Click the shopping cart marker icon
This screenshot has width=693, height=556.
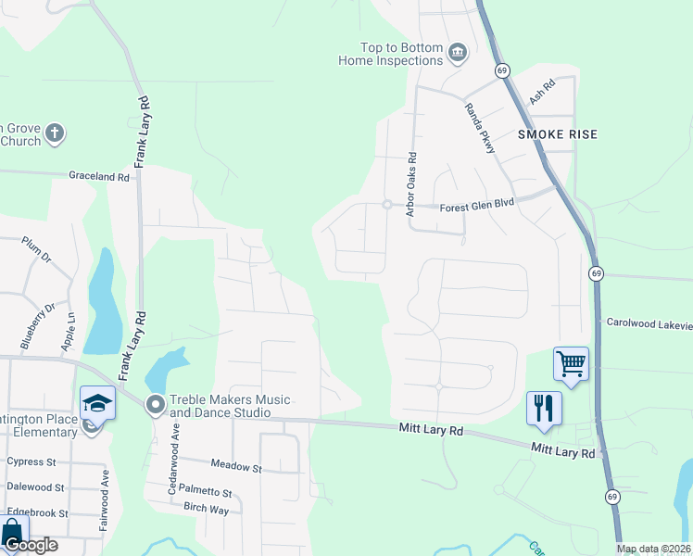[x=571, y=362]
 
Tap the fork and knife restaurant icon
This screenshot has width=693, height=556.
[x=543, y=408]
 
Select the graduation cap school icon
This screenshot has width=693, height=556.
[x=96, y=402]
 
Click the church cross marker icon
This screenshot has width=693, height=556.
[x=54, y=133]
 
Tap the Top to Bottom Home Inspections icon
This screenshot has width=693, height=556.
[x=456, y=53]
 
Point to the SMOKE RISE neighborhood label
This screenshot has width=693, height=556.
[x=557, y=134]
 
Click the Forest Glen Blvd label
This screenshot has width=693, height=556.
[x=476, y=208]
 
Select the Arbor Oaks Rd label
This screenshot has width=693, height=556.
[x=412, y=185]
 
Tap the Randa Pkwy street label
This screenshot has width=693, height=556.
[x=481, y=127]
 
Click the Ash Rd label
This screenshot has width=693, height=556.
[x=541, y=91]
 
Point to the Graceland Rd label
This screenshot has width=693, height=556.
[x=98, y=176]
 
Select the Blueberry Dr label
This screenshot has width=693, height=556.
[x=38, y=312]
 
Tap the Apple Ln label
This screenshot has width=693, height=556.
[x=69, y=332]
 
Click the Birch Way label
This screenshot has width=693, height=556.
[x=206, y=510]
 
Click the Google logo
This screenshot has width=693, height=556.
[x=30, y=545]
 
